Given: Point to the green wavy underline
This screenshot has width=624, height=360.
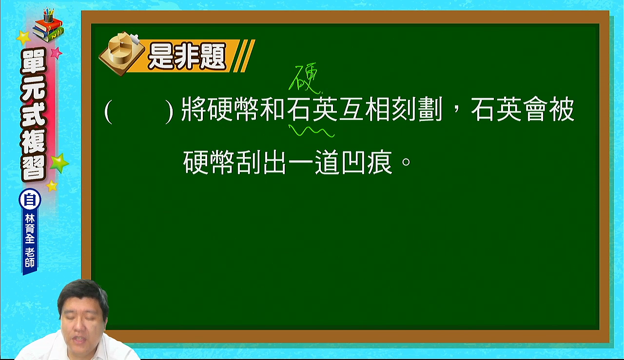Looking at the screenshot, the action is coord(311,131).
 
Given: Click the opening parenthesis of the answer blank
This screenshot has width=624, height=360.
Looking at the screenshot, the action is coord(108,112).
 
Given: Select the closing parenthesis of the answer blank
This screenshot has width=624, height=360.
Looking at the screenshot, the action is coord(169,112).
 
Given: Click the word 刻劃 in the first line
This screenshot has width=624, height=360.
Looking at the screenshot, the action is coord(417,109).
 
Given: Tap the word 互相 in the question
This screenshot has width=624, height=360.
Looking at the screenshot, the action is coord(365,109).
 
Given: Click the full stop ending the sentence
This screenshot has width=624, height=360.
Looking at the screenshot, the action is coord(406,162).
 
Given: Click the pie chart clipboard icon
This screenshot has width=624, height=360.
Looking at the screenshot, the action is coord(122,54).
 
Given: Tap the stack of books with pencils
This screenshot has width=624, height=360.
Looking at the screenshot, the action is coord(48,25).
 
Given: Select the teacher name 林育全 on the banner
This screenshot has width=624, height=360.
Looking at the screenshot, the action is coord(30,229).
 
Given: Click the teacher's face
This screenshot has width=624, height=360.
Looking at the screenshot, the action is coord(83,321).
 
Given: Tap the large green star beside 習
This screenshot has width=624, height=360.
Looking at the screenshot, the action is coord(59,163).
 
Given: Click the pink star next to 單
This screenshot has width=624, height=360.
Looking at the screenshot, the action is coord(56,53).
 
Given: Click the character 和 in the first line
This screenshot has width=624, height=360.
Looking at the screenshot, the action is coord(272,109).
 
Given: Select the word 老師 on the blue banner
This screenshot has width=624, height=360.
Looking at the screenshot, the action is coord(30,258).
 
